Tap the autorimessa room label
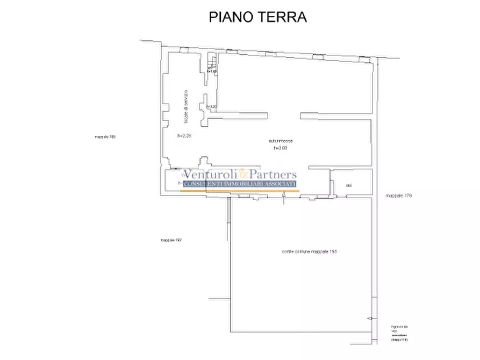pyautogui.click(x=281, y=141)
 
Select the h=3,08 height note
pyautogui.click(x=281, y=148)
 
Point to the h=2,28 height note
pyautogui.click(x=184, y=136)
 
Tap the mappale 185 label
pyautogui.click(x=105, y=137)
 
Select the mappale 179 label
pyautogui.click(x=398, y=196)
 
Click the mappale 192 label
pyautogui.click(x=171, y=240)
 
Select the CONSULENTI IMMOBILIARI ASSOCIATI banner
pyautogui.click(x=240, y=184)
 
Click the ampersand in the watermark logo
pyautogui.click(x=243, y=175)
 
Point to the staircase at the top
pyautogui.click(x=212, y=64)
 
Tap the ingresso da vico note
pyautogui.click(x=400, y=333)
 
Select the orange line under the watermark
pyautogui.click(x=240, y=191)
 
